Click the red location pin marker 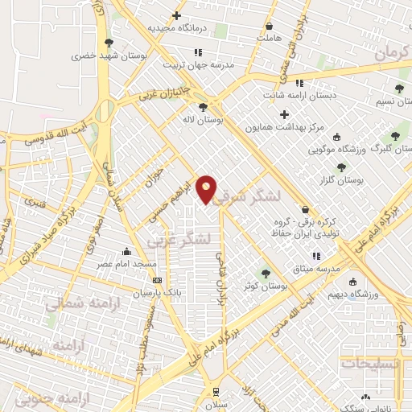(207, 190)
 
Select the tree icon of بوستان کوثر (264, 273)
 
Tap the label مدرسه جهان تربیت (198, 64)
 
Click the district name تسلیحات (372, 363)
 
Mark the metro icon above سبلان (215, 391)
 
